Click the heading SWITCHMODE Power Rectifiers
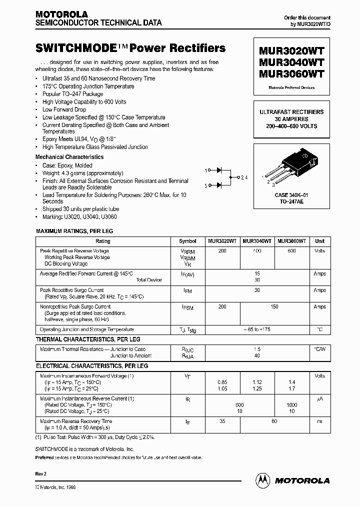[x=130, y=48]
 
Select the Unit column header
[x=319, y=241]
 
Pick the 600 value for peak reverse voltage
[x=291, y=251]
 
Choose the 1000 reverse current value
[x=291, y=404]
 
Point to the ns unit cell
[x=319, y=421]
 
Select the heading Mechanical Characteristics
[x=69, y=157]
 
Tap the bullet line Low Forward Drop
[x=64, y=109]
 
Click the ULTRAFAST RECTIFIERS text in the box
[x=291, y=112]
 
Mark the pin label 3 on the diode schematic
[x=206, y=185]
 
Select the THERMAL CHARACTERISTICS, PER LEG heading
[x=87, y=339]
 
